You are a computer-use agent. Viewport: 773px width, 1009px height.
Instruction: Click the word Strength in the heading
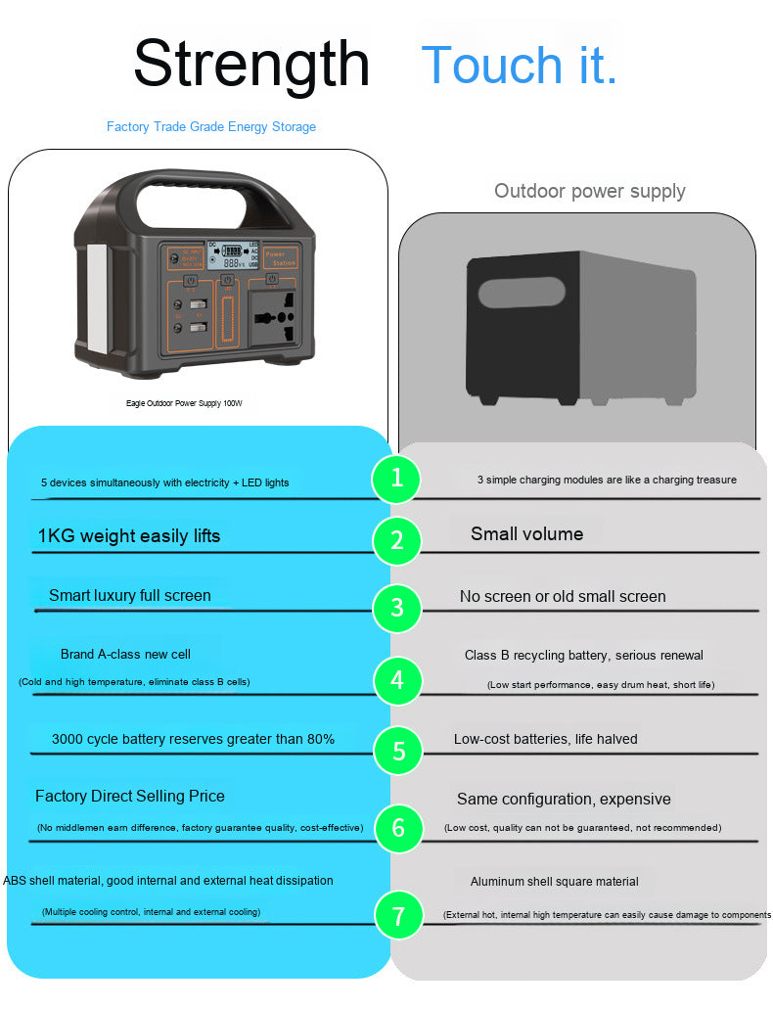(x=251, y=64)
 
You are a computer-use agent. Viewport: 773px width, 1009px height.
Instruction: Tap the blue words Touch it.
(x=519, y=65)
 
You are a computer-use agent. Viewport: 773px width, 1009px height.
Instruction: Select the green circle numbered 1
(x=396, y=479)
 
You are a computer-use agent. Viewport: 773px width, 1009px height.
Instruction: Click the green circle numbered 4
(x=397, y=680)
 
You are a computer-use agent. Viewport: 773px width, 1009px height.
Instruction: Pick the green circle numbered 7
(x=398, y=916)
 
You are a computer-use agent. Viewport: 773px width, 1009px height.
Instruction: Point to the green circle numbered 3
(x=396, y=608)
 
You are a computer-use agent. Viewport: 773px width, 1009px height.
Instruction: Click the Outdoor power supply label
(x=589, y=191)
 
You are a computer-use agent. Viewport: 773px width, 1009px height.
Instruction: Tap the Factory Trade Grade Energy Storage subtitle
(x=211, y=127)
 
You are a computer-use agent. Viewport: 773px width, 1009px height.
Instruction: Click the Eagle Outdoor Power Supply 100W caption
(x=184, y=403)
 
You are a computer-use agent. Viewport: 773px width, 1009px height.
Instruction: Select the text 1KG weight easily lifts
(x=129, y=536)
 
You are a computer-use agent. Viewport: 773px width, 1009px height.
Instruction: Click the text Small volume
(x=526, y=534)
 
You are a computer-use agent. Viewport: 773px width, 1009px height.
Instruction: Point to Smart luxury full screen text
(x=130, y=596)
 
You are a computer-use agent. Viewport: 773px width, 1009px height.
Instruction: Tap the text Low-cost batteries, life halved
(x=545, y=739)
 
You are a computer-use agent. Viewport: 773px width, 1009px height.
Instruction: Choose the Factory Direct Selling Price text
(x=130, y=797)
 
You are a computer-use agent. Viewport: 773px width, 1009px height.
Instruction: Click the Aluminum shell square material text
(x=554, y=882)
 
